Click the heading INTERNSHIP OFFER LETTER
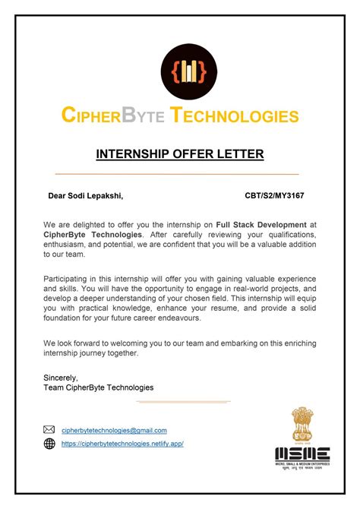[180, 154]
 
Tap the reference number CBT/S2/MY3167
[274, 196]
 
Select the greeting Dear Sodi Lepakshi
[85, 196]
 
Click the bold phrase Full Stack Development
[261, 226]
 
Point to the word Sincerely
[62, 377]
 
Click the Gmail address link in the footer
[114, 430]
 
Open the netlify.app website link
[122, 444]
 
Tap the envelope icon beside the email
[49, 430]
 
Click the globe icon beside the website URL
[49, 444]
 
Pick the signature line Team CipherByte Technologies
[99, 387]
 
